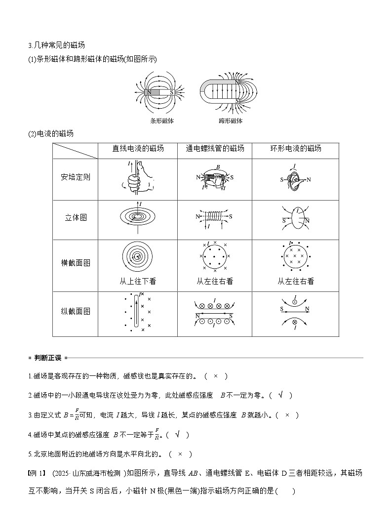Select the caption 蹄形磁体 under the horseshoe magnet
230,121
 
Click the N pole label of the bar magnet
149,92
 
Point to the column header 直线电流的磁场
138,149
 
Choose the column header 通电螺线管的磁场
215,149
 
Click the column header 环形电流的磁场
296,149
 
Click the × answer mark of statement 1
216,376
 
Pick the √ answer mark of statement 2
281,395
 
